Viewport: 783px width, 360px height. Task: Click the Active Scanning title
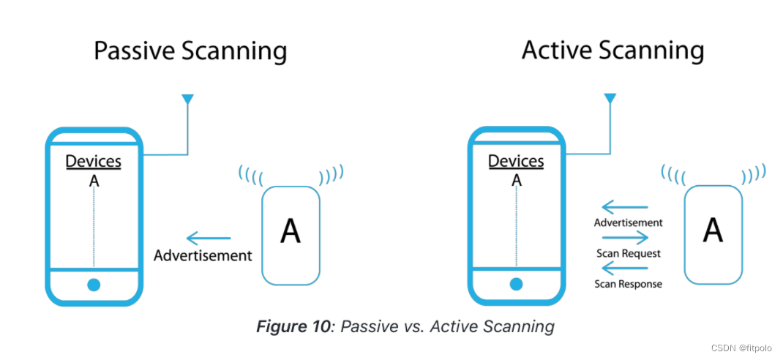tap(612, 50)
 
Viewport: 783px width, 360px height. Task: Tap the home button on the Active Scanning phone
tap(517, 284)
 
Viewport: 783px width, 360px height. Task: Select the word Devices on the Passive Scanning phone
tap(94, 161)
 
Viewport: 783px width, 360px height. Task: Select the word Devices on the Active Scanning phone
tap(516, 161)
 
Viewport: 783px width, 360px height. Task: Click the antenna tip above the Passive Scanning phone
tap(187, 99)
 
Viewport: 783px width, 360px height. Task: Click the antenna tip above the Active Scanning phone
tap(610, 98)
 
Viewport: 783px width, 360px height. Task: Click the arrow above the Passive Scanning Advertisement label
tap(209, 238)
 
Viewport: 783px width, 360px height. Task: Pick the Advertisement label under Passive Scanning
tap(203, 255)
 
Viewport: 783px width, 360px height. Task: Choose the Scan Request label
tap(629, 253)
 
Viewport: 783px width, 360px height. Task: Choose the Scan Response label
tap(628, 284)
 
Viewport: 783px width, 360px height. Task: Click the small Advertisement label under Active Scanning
tap(629, 222)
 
